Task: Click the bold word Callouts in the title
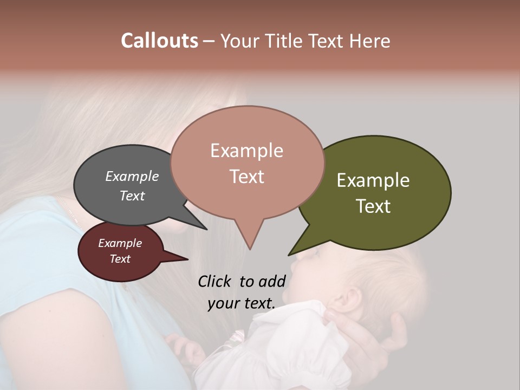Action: pyautogui.click(x=159, y=41)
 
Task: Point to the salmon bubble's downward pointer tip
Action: pyautogui.click(x=250, y=249)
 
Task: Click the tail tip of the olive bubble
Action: pyautogui.click(x=289, y=255)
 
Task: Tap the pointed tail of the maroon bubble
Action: pyautogui.click(x=187, y=259)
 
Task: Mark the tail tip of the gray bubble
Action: pyautogui.click(x=206, y=229)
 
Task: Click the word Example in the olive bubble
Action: pyautogui.click(x=373, y=180)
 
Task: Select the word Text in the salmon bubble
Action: pyautogui.click(x=247, y=177)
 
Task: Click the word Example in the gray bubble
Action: pyautogui.click(x=132, y=176)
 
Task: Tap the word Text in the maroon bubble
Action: pyautogui.click(x=120, y=259)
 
